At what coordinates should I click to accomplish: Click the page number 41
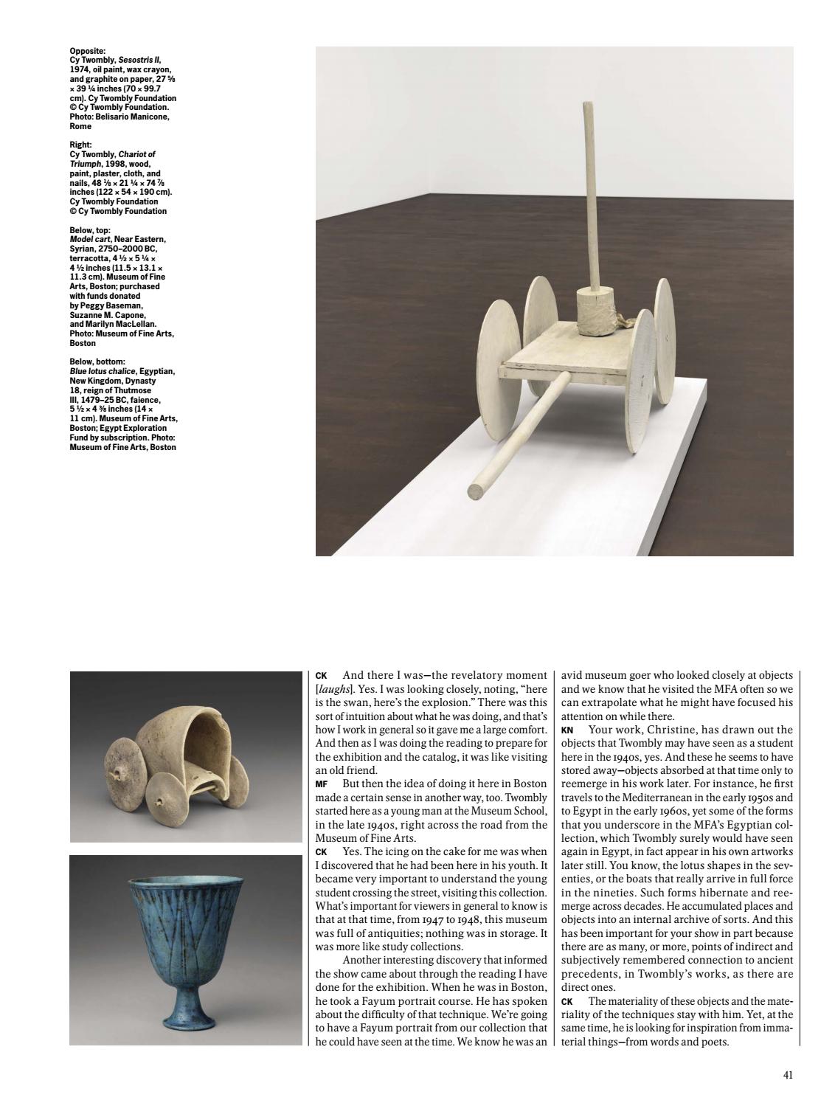click(788, 1075)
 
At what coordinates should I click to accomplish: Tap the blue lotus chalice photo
click(185, 950)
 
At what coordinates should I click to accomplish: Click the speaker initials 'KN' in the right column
click(567, 730)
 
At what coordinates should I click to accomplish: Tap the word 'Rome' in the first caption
click(80, 126)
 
